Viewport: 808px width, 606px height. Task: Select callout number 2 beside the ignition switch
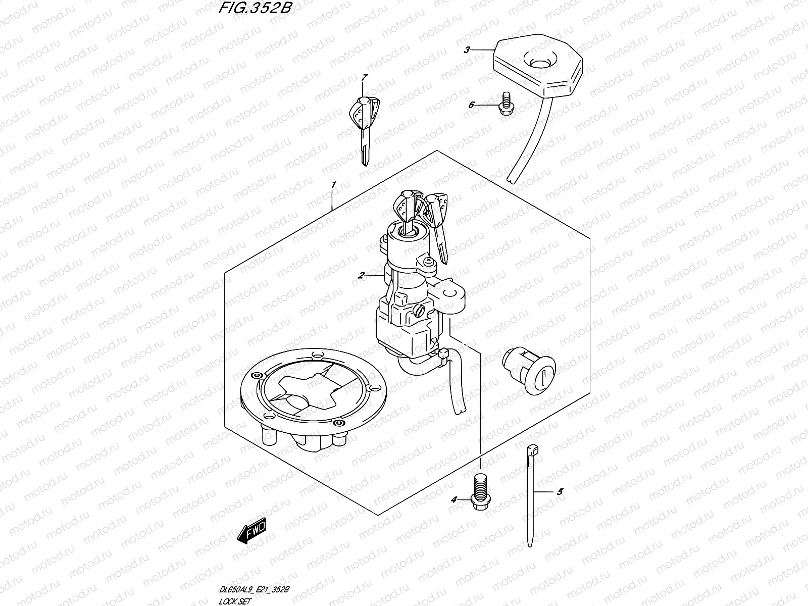click(x=361, y=275)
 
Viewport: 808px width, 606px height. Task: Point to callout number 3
click(x=467, y=49)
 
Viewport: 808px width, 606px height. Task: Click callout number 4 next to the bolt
click(x=453, y=499)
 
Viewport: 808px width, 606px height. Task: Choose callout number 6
click(x=471, y=105)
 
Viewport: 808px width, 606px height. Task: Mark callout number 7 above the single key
click(x=365, y=77)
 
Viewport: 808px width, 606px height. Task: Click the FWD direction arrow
click(x=253, y=532)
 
